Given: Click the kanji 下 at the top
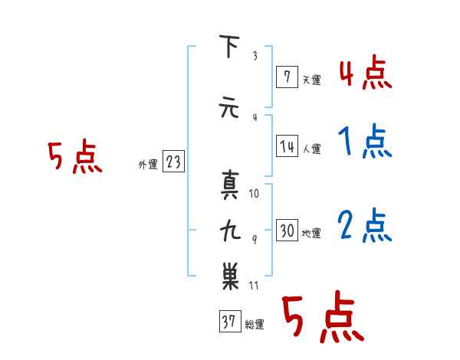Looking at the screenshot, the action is (229, 46).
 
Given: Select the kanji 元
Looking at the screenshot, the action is (228, 107).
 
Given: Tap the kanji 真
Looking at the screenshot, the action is (230, 185).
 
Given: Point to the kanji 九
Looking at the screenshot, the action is (230, 230).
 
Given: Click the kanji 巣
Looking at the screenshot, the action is (230, 276).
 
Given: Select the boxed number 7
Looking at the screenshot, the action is (287, 77).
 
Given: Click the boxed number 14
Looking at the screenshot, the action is (287, 146).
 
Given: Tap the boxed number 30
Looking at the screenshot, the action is (287, 230).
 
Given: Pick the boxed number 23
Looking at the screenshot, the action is (173, 161).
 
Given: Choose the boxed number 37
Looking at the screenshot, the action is (230, 321).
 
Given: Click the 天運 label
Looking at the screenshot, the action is (311, 80).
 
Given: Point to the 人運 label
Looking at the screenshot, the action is (311, 149).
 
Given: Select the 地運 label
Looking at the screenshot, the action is (311, 234).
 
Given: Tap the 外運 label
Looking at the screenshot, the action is (148, 165).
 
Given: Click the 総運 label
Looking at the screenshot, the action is (254, 325).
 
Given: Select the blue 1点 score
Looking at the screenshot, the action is (365, 141).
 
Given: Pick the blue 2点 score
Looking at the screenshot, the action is (365, 225).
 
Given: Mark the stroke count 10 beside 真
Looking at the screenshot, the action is (254, 194).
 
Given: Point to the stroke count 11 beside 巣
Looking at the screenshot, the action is (254, 286).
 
